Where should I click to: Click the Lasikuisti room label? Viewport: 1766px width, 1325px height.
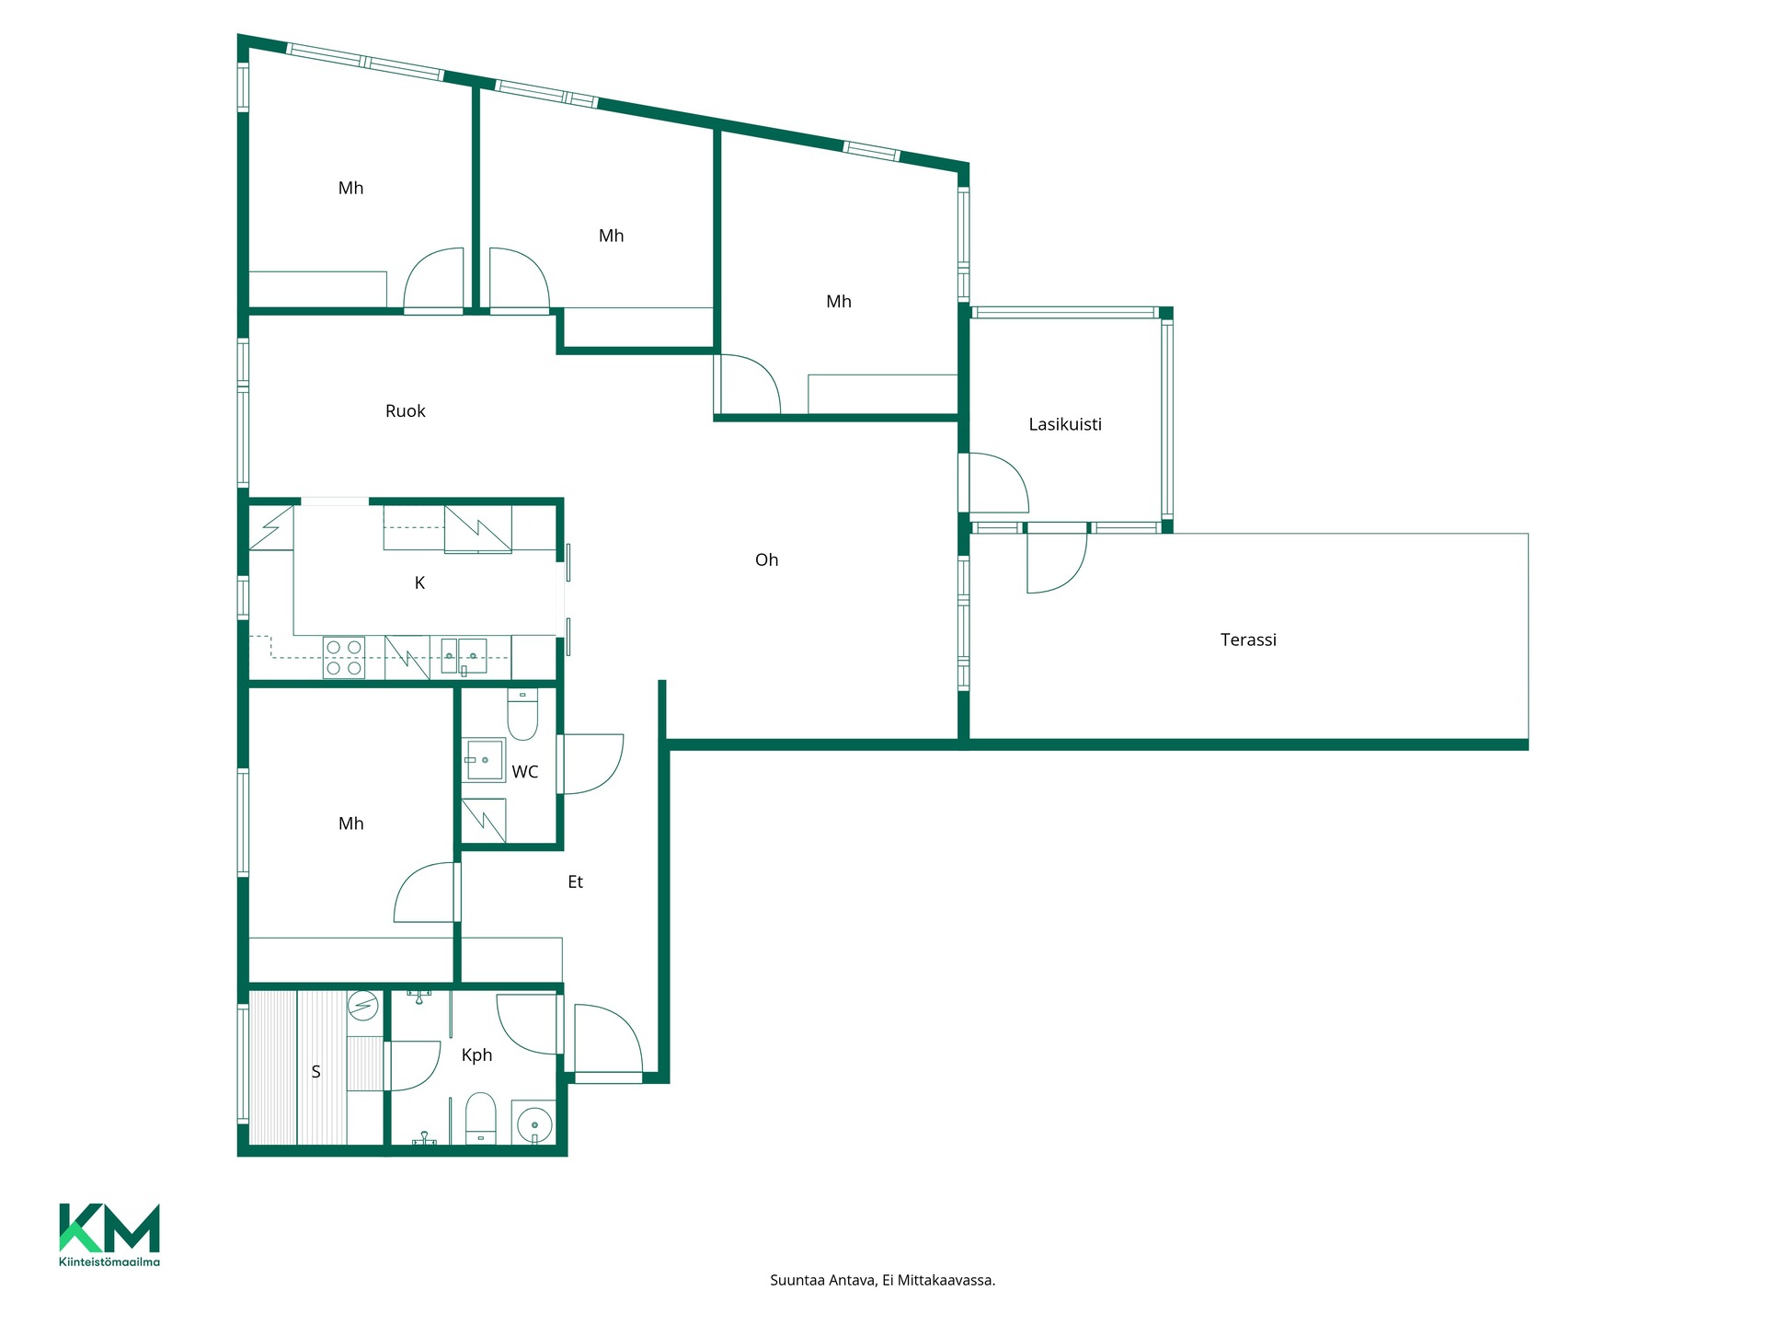pos(1065,424)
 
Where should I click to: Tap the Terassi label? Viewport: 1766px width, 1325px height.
pos(1248,639)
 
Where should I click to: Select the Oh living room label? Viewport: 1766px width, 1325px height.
pos(766,559)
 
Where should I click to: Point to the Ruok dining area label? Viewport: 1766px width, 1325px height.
pos(405,411)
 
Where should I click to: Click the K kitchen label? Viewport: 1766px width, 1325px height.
pos(419,582)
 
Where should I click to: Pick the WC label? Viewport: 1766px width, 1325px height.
pos(525,772)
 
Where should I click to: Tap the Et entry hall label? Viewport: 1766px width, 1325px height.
pos(575,881)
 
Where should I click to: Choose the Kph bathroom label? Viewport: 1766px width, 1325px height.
pos(476,1055)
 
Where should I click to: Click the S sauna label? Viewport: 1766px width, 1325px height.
pos(315,1072)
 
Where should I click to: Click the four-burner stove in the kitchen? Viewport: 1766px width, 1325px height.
pos(344,659)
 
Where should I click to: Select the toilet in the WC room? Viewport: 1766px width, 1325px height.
pos(522,715)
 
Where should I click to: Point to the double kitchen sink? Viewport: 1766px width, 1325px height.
pos(464,655)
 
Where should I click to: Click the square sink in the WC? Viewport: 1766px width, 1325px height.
pos(484,760)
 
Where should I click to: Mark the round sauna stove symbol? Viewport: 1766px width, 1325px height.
pos(363,1006)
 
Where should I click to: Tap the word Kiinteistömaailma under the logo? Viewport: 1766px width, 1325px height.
pos(109,1262)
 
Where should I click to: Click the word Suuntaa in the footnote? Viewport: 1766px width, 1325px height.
pos(797,1280)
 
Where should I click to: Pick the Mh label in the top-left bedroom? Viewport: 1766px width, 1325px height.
pos(350,188)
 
